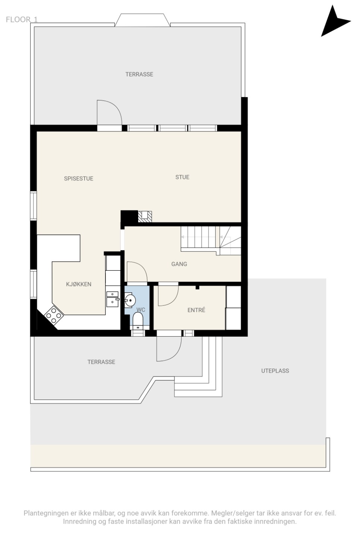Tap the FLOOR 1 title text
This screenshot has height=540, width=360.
point(22,19)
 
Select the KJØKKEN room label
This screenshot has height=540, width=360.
point(79,284)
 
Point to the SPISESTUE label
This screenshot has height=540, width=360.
point(78,179)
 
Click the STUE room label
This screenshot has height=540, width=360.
point(182,177)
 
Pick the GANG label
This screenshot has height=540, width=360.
point(179,264)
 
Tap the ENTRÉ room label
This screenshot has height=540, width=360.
point(196,310)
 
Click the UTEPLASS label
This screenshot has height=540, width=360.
point(275,371)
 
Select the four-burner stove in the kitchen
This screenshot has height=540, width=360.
point(54,314)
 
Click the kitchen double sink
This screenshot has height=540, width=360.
point(113,299)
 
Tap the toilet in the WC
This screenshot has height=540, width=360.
point(138,321)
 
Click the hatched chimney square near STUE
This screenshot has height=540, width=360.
point(145,216)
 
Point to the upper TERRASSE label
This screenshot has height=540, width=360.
point(139,74)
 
